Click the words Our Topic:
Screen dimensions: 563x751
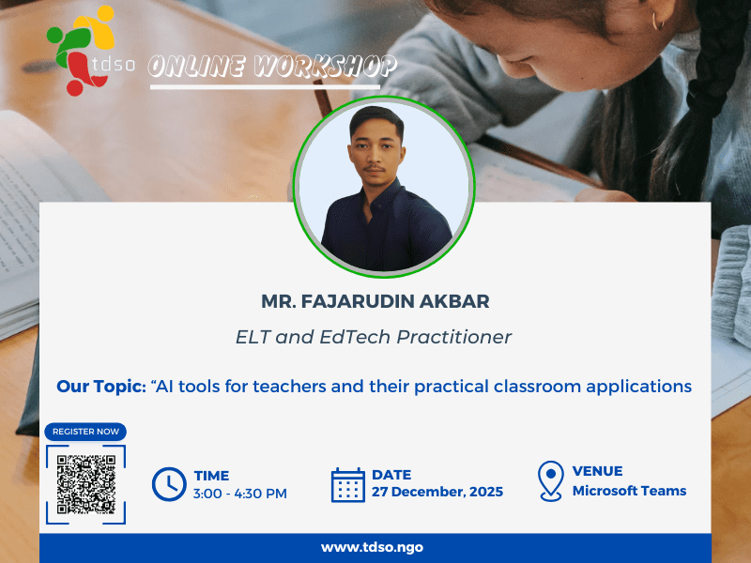pos(100,386)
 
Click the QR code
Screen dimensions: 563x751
pos(85,483)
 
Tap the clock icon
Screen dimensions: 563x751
pos(169,484)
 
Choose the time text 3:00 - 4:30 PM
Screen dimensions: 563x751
pos(240,493)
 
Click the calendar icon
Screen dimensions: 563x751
pos(348,485)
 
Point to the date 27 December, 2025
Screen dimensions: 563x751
pos(437,492)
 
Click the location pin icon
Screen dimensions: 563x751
pos(550,480)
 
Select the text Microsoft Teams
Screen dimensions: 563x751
pos(629,491)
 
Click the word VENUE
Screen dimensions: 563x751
pos(597,471)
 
